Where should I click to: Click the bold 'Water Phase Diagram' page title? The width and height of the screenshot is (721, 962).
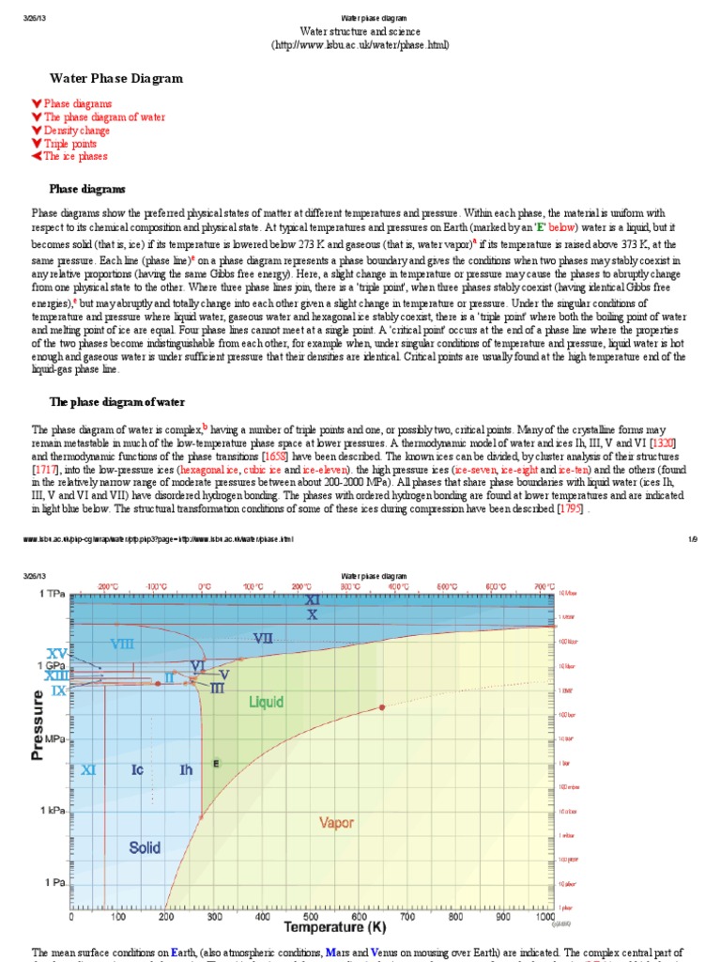(115, 79)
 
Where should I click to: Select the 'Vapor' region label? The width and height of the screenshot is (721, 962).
(337, 823)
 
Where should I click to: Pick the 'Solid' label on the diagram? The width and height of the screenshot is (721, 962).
(145, 847)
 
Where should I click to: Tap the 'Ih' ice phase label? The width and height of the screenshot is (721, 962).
(186, 770)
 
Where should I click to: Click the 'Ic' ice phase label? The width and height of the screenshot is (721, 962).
(137, 770)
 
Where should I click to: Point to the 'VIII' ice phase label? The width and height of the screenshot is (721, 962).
(122, 644)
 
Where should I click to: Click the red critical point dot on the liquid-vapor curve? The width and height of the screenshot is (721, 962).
(382, 706)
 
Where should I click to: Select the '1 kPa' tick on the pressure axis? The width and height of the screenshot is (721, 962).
(52, 810)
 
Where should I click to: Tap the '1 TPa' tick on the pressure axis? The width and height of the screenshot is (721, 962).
(52, 595)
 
